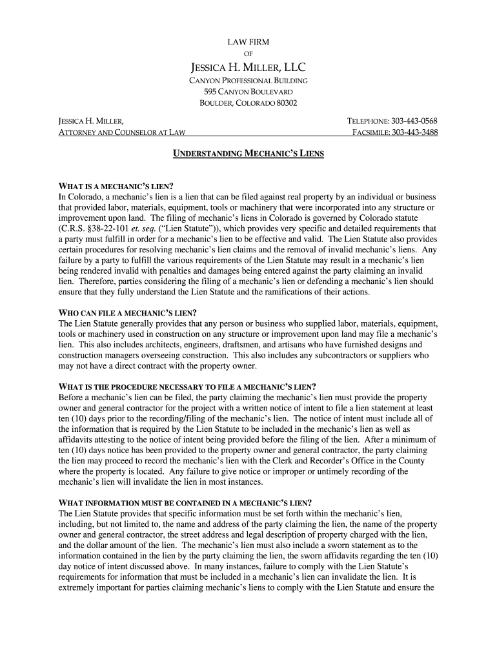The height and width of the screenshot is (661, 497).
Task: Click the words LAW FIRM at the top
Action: tap(248, 42)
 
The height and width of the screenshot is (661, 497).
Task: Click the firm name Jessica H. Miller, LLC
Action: tap(248, 67)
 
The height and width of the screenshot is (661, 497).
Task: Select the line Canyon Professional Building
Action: tap(248, 81)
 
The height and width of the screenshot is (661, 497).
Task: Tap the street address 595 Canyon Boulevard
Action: tap(248, 92)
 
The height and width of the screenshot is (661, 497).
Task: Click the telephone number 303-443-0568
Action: tap(414, 121)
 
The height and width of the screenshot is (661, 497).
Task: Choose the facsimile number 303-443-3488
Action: tap(414, 132)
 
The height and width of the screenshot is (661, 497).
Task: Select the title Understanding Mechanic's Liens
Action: tap(248, 154)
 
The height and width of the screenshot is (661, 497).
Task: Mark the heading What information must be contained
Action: tap(185, 503)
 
